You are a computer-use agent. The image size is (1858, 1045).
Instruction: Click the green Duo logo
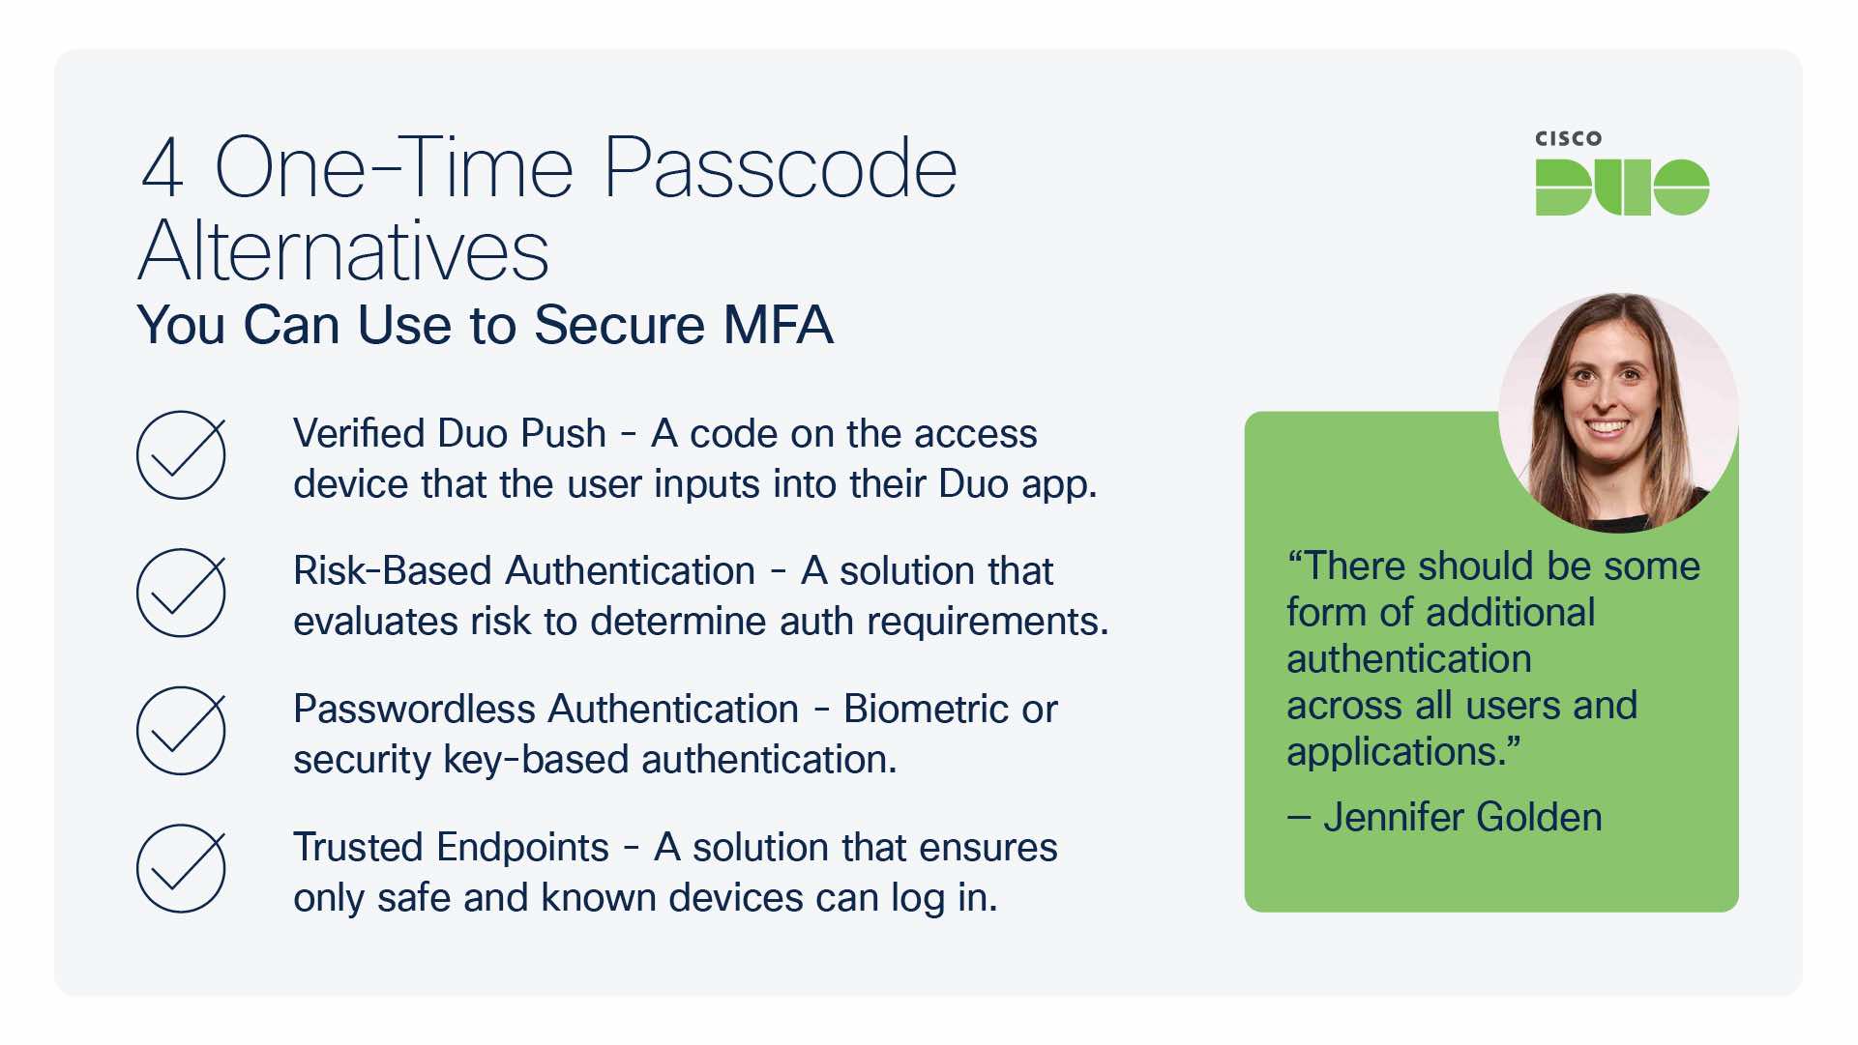click(x=1622, y=188)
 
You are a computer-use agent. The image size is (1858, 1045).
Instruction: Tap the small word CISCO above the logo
click(x=1568, y=139)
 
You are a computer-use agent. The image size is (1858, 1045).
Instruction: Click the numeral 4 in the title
click(x=162, y=168)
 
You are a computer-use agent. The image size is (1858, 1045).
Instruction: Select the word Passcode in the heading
click(x=780, y=168)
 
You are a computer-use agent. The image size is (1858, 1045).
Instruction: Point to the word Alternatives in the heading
click(x=343, y=251)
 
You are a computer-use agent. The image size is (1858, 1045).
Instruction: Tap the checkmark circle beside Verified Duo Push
click(x=181, y=455)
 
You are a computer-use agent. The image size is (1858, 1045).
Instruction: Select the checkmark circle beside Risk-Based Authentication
click(x=181, y=593)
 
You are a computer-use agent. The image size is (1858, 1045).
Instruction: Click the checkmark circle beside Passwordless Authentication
click(x=181, y=731)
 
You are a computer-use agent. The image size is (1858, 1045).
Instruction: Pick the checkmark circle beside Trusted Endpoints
click(x=181, y=868)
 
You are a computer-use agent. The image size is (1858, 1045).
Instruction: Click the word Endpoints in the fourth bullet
click(x=523, y=848)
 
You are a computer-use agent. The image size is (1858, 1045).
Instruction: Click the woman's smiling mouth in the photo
click(x=1607, y=426)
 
